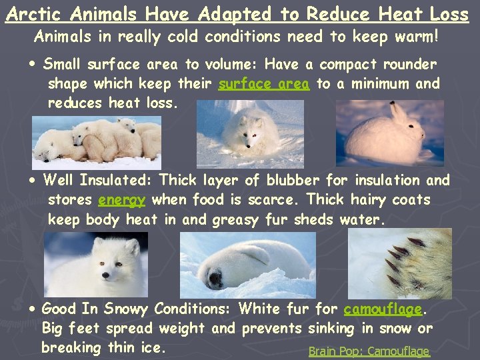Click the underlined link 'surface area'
(263, 84)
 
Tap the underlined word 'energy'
(121, 199)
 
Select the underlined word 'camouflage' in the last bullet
(383, 309)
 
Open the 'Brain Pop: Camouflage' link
(369, 351)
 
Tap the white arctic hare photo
(389, 133)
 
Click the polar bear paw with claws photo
(418, 263)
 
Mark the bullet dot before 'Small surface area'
(33, 65)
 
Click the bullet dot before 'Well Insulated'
(33, 180)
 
